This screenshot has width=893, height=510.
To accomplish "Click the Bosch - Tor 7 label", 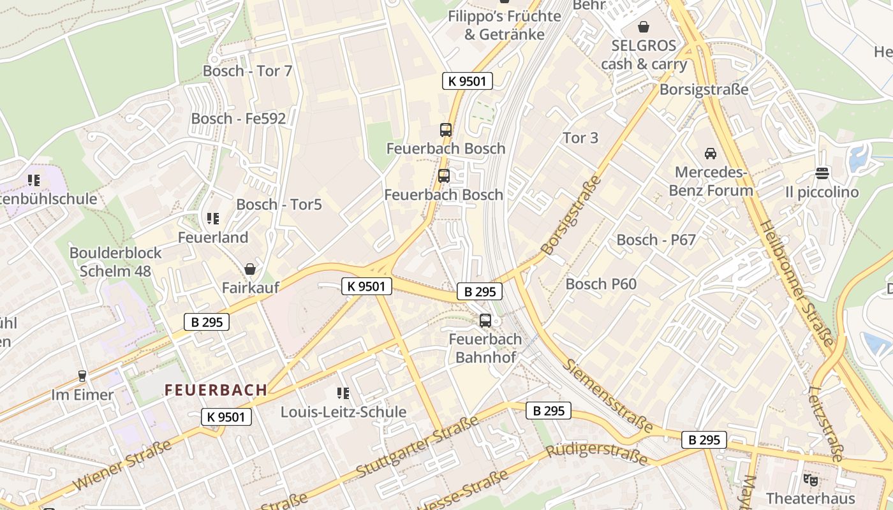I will coord(247,71).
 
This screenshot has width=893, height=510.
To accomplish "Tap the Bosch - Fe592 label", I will coord(239,119).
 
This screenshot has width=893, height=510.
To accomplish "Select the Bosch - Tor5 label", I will coord(279,205).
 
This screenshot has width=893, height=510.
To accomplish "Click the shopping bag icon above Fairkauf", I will coord(250,269).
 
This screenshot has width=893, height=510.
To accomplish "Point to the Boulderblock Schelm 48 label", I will coord(115,262).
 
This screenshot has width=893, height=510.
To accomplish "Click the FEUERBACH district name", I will coord(216,390).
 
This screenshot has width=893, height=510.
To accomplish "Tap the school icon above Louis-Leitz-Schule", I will coord(343,393).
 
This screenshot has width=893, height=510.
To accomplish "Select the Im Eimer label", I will coord(82,395).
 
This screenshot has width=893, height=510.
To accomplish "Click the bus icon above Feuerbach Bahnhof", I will coord(485,321).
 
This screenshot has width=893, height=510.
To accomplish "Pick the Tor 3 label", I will coord(580,138).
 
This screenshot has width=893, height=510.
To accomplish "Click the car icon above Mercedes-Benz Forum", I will coord(710,154).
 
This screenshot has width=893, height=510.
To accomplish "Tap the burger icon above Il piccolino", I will coord(822,173).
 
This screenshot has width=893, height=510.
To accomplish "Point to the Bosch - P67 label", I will coord(656,240).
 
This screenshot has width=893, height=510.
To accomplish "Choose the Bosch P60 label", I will coord(601,284).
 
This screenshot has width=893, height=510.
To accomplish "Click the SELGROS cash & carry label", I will coord(644,55).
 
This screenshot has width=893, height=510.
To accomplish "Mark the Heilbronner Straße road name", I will coord(797,283).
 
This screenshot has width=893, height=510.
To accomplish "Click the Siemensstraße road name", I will coord(609,396).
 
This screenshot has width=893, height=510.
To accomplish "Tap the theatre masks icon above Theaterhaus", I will coord(810,479).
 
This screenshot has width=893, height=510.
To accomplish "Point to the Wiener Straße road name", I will coord(122,465).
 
